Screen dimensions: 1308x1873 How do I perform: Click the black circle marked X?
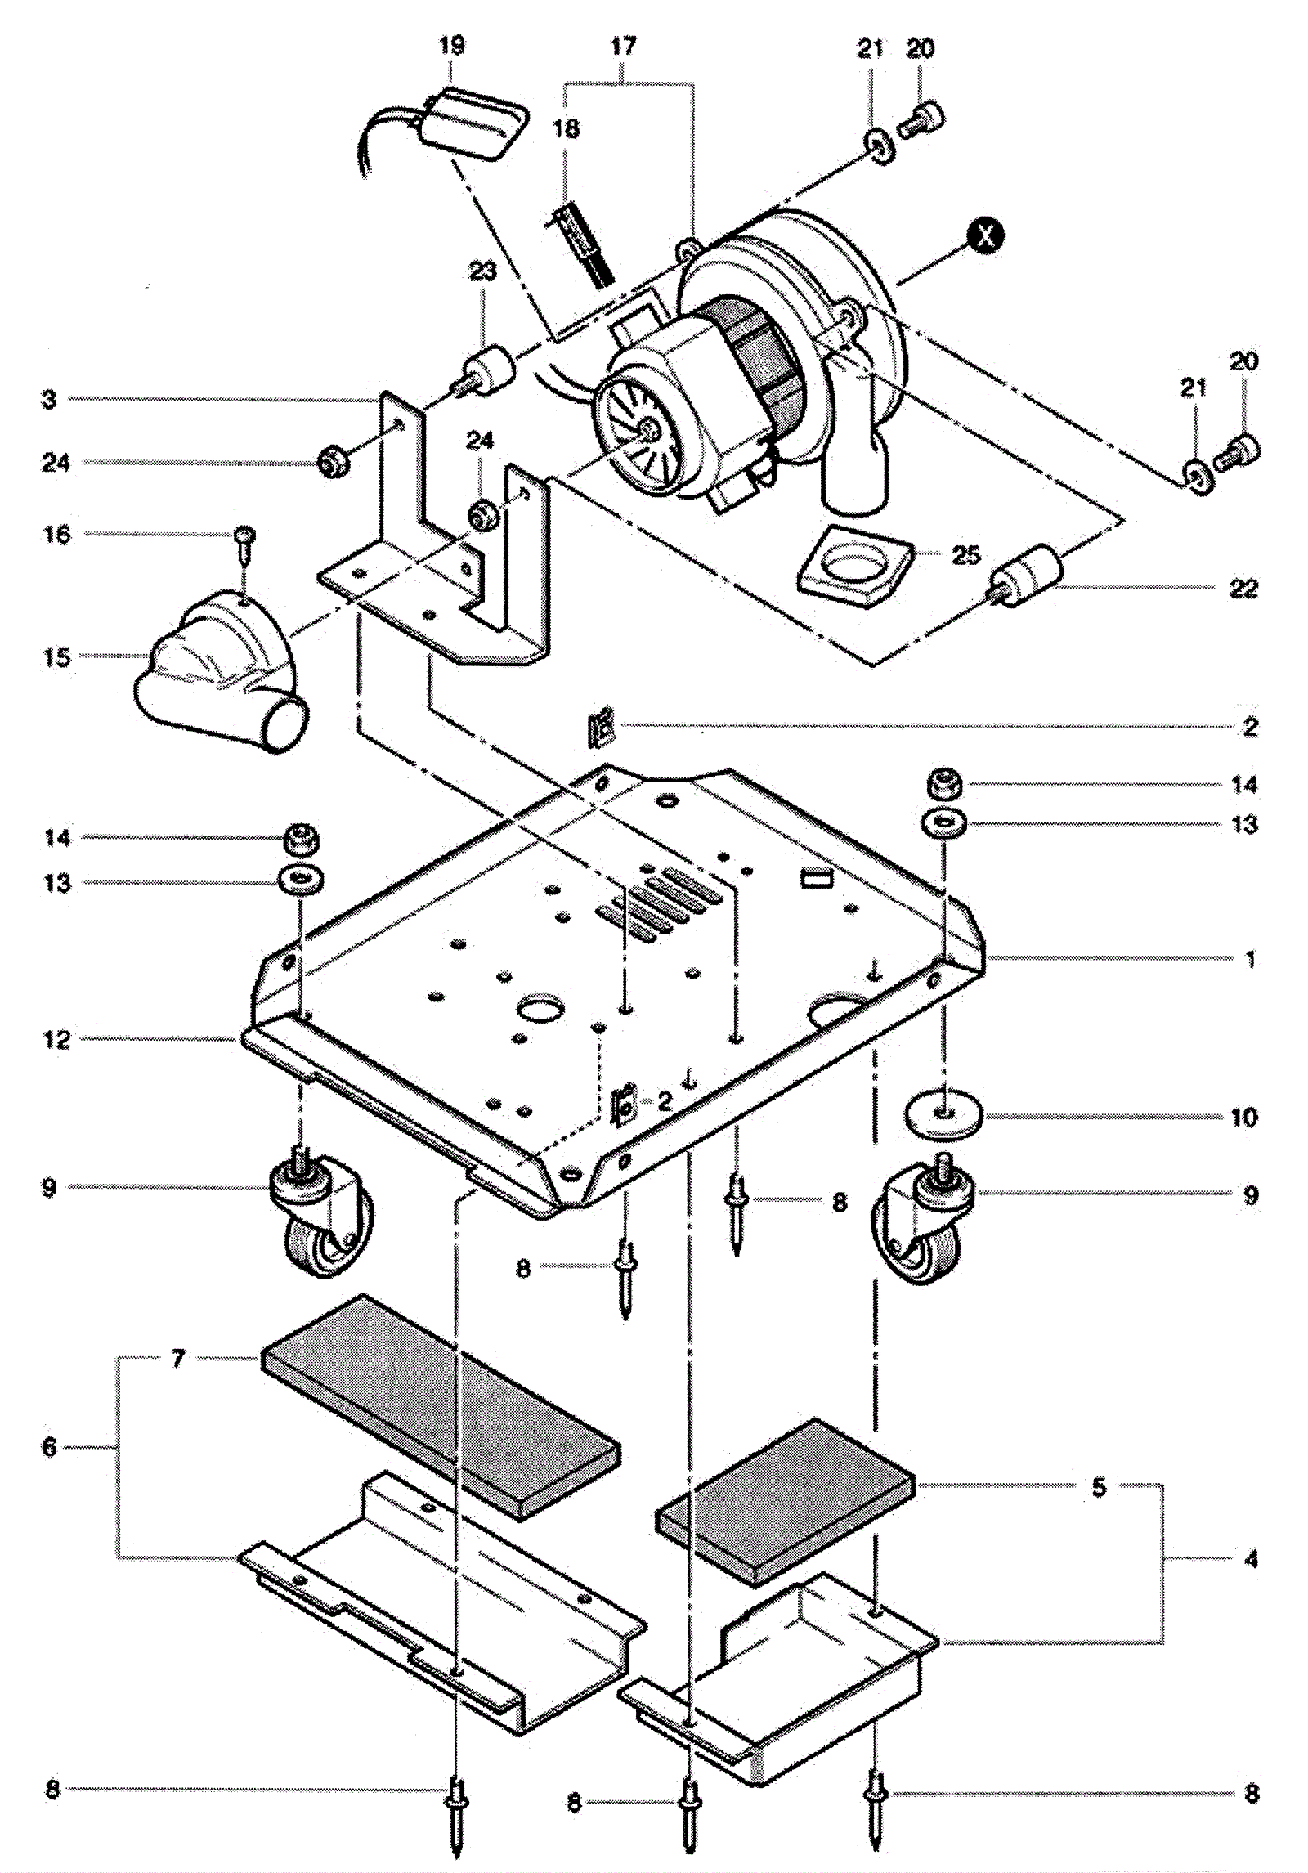(985, 235)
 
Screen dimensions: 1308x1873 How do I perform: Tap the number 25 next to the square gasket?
(966, 555)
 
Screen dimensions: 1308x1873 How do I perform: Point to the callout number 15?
(56, 657)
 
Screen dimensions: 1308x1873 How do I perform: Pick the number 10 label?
(1243, 1117)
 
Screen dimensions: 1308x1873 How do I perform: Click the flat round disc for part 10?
(944, 1115)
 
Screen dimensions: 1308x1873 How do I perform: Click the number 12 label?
(56, 1040)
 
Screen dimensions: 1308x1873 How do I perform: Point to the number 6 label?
(50, 1447)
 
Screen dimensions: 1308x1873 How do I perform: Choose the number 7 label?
(178, 1358)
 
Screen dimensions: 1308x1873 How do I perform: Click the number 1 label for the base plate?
(1250, 958)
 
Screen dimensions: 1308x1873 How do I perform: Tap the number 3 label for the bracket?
(49, 399)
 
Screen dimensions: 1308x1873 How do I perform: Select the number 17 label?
(623, 46)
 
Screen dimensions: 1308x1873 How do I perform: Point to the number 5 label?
(1099, 1487)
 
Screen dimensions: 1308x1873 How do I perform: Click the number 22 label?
(1243, 588)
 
